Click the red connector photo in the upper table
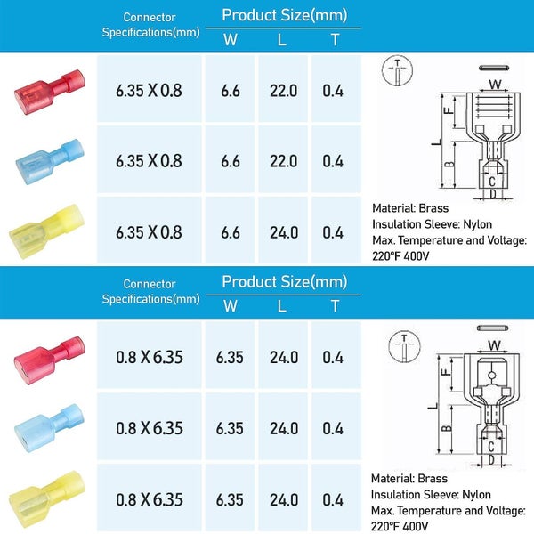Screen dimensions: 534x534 pos(50,92)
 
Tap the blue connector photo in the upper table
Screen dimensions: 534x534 pos(50,161)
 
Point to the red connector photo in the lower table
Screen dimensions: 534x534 pos(50,360)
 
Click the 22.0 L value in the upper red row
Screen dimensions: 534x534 pos(283,91)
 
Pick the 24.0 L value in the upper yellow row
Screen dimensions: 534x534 pos(284,232)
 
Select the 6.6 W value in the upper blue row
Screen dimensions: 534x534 pos(231,161)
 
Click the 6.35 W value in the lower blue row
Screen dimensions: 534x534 pos(230,428)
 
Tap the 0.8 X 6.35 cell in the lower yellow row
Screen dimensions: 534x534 pos(150,499)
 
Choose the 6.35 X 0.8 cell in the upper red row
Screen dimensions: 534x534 pos(149,91)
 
